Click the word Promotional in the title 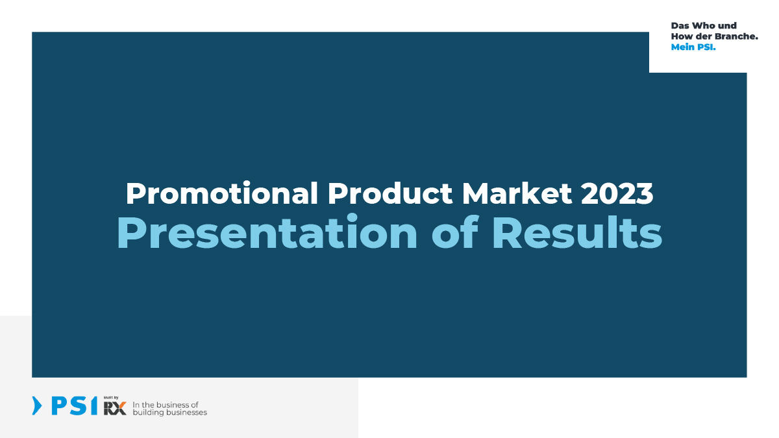click(x=222, y=193)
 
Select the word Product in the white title click(x=390, y=193)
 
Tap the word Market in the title click(x=517, y=193)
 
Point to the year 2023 click(x=617, y=193)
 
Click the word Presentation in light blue click(x=267, y=232)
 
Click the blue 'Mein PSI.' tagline click(x=693, y=47)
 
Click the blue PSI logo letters click(x=75, y=406)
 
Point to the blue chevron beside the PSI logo click(x=37, y=406)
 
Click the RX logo click(x=115, y=408)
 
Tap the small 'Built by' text click(x=111, y=398)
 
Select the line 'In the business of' click(x=166, y=405)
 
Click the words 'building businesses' click(x=169, y=413)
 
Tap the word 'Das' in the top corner click(x=680, y=26)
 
